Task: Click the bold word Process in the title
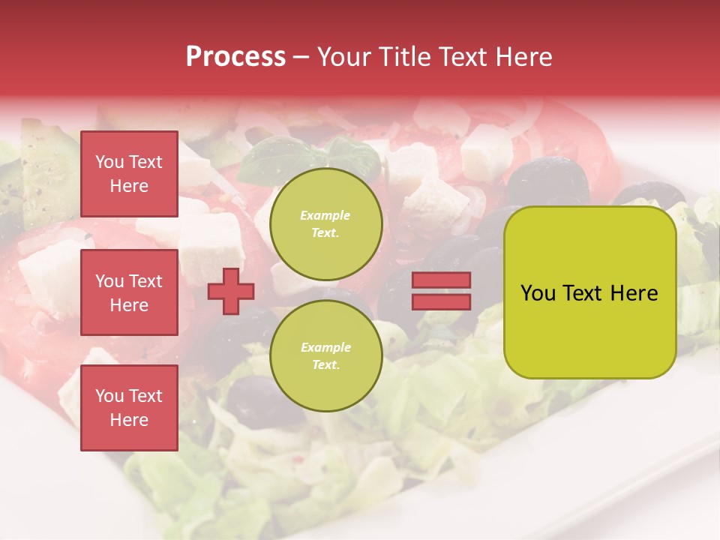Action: point(235,57)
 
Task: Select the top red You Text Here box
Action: point(129,174)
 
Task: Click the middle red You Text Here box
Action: point(129,292)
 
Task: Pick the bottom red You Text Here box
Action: point(129,408)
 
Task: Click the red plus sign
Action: point(230,291)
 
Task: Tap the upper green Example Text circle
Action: point(325,224)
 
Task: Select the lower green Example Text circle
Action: point(325,356)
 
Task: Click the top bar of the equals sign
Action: point(441,280)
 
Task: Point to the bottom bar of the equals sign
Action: point(441,301)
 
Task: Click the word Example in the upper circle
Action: point(325,216)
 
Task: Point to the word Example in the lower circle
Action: point(325,348)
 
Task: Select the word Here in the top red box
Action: point(129,186)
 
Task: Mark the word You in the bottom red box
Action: point(109,396)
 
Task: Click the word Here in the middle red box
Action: point(129,305)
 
